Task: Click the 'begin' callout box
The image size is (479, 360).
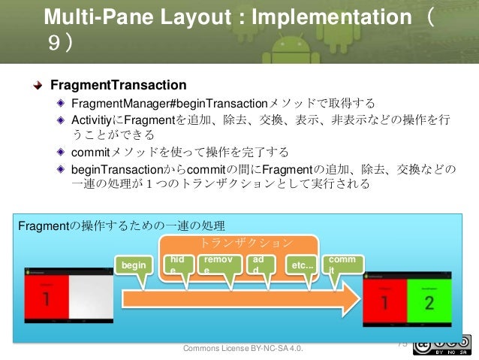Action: click(x=133, y=265)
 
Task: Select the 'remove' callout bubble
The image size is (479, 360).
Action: click(x=216, y=264)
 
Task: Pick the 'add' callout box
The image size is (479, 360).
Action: click(x=259, y=264)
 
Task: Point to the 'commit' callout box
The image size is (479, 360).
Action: click(x=341, y=264)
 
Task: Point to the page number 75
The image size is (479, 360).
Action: click(x=401, y=343)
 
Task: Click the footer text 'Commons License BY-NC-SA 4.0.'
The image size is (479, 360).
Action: click(x=249, y=349)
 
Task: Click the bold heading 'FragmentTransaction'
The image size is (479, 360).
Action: click(x=118, y=84)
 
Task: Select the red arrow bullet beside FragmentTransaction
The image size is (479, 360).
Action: click(x=37, y=85)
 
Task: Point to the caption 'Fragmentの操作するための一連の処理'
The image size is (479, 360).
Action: click(x=120, y=225)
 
